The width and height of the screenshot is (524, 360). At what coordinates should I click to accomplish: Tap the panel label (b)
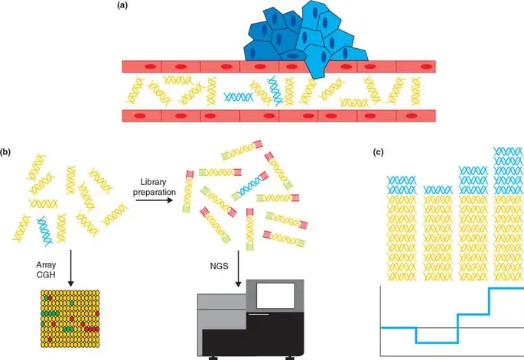pyautogui.click(x=6, y=152)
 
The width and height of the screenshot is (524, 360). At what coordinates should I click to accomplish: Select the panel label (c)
pyautogui.click(x=378, y=152)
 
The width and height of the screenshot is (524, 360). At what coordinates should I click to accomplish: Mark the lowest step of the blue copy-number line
pyautogui.click(x=436, y=342)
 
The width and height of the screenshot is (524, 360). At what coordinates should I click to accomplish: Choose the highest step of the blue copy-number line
pyautogui.click(x=506, y=288)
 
